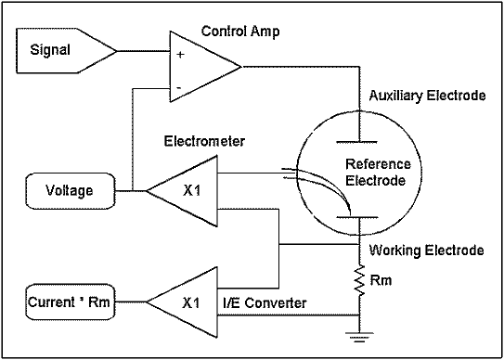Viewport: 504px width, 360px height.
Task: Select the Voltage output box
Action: click(x=68, y=191)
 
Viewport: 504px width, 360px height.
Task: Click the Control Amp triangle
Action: click(x=199, y=66)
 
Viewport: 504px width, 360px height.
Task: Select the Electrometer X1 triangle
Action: click(x=186, y=191)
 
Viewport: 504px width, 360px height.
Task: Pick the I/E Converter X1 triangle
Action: click(x=186, y=302)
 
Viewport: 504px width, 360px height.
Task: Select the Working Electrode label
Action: click(x=426, y=251)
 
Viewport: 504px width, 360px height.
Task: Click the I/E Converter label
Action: click(x=265, y=302)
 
